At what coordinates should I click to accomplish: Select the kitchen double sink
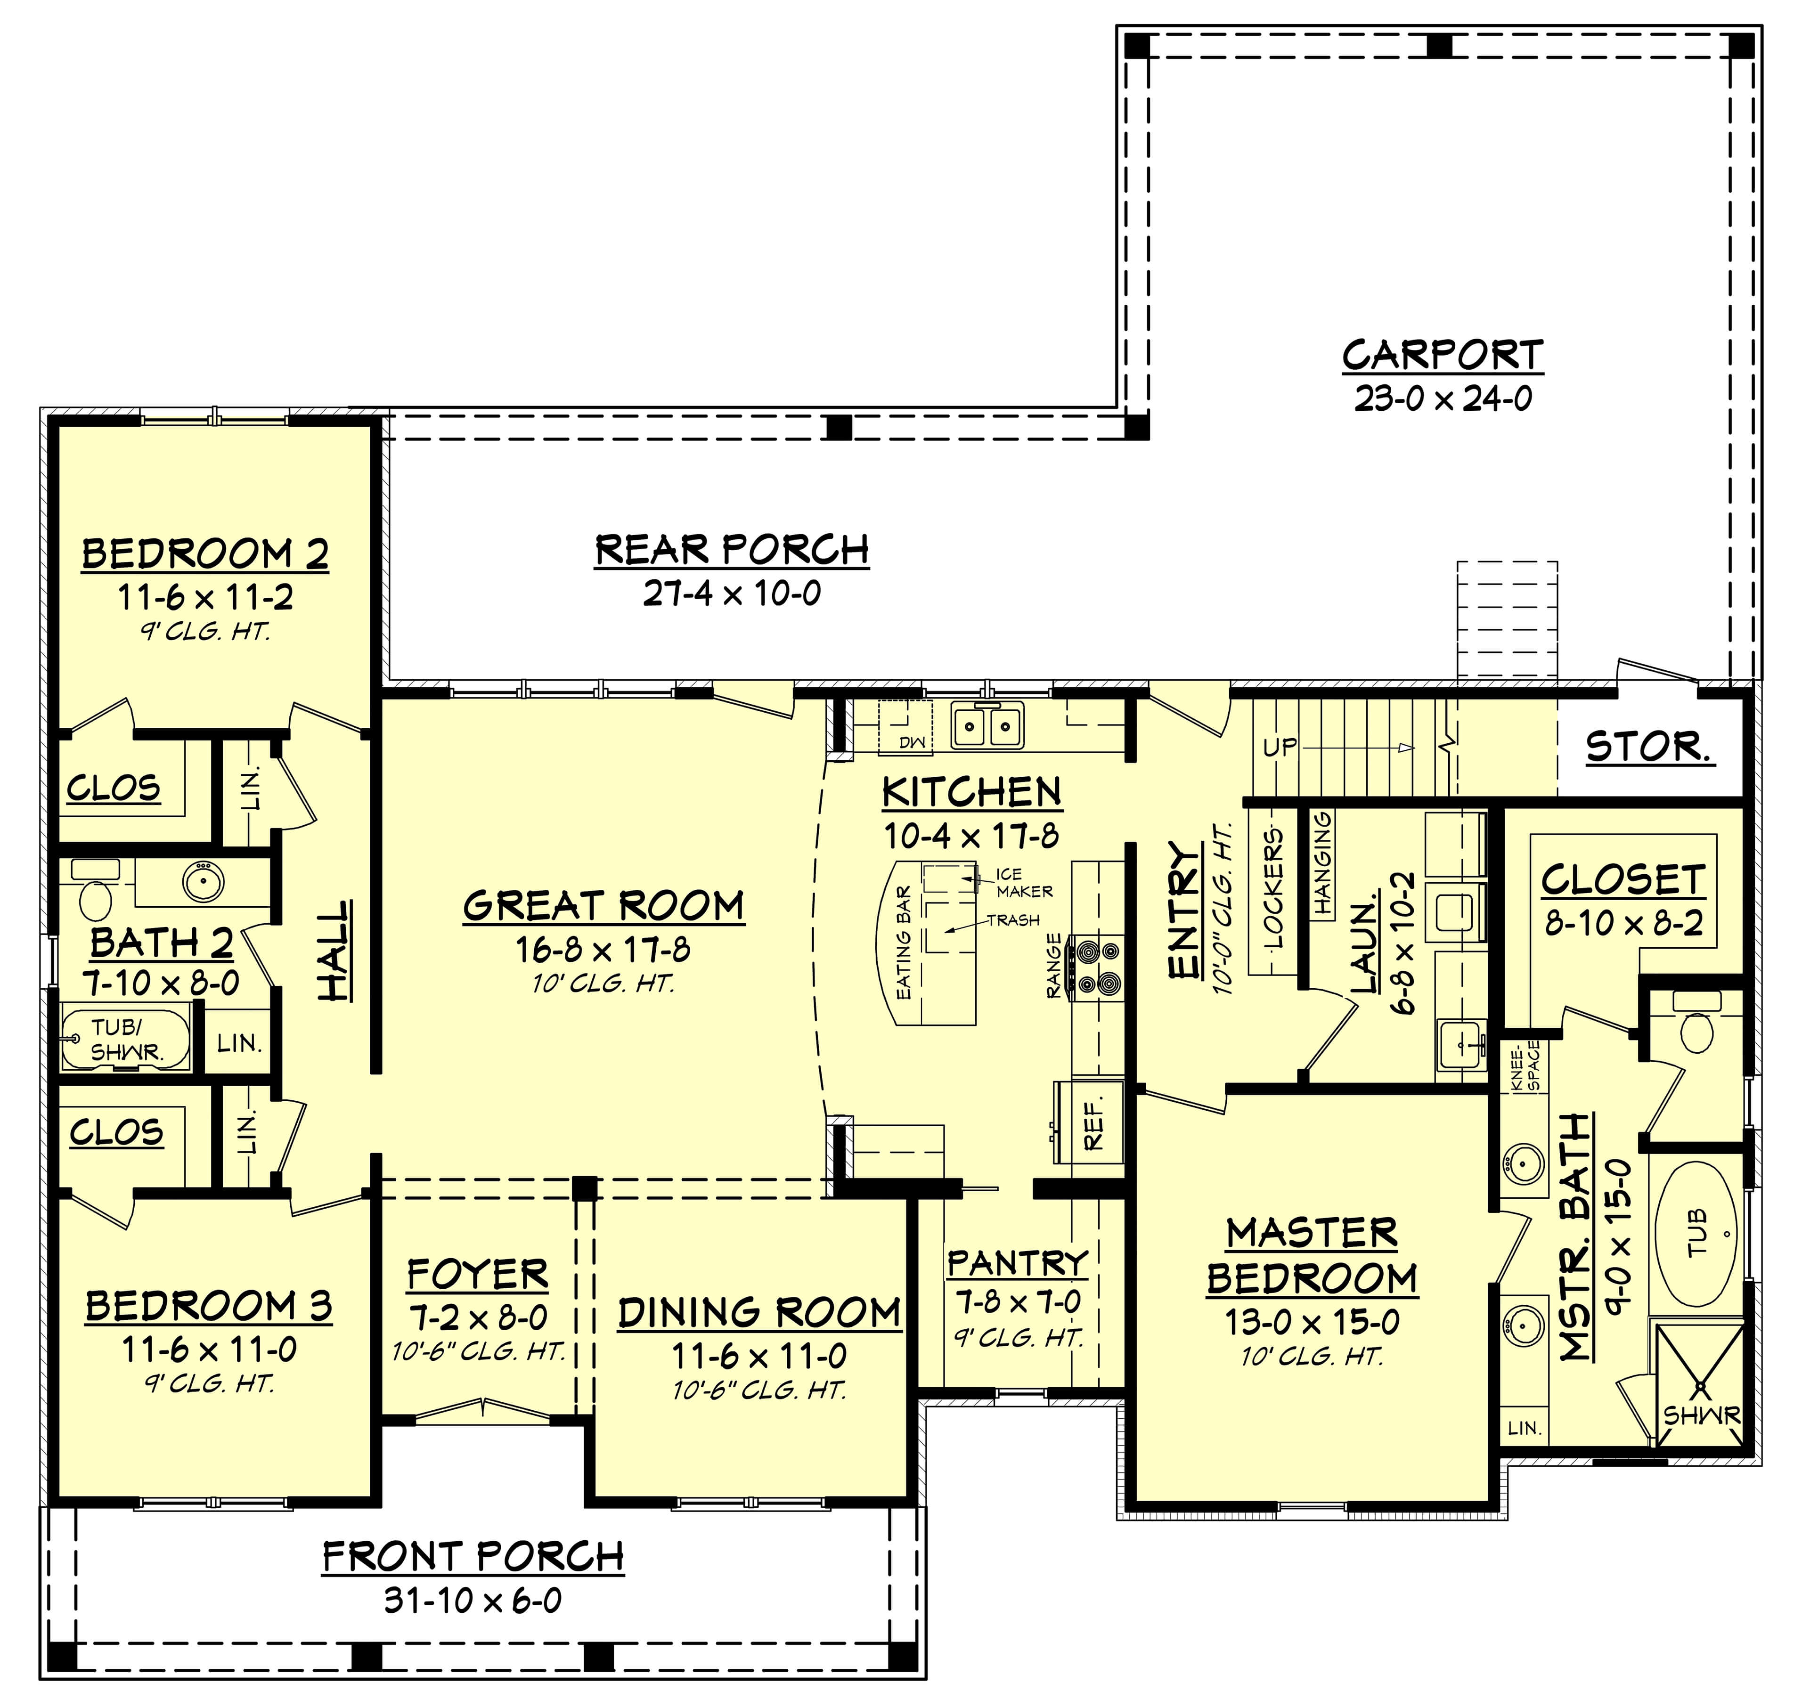987,725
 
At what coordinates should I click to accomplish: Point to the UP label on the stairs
1280,748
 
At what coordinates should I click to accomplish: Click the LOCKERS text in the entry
1273,888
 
